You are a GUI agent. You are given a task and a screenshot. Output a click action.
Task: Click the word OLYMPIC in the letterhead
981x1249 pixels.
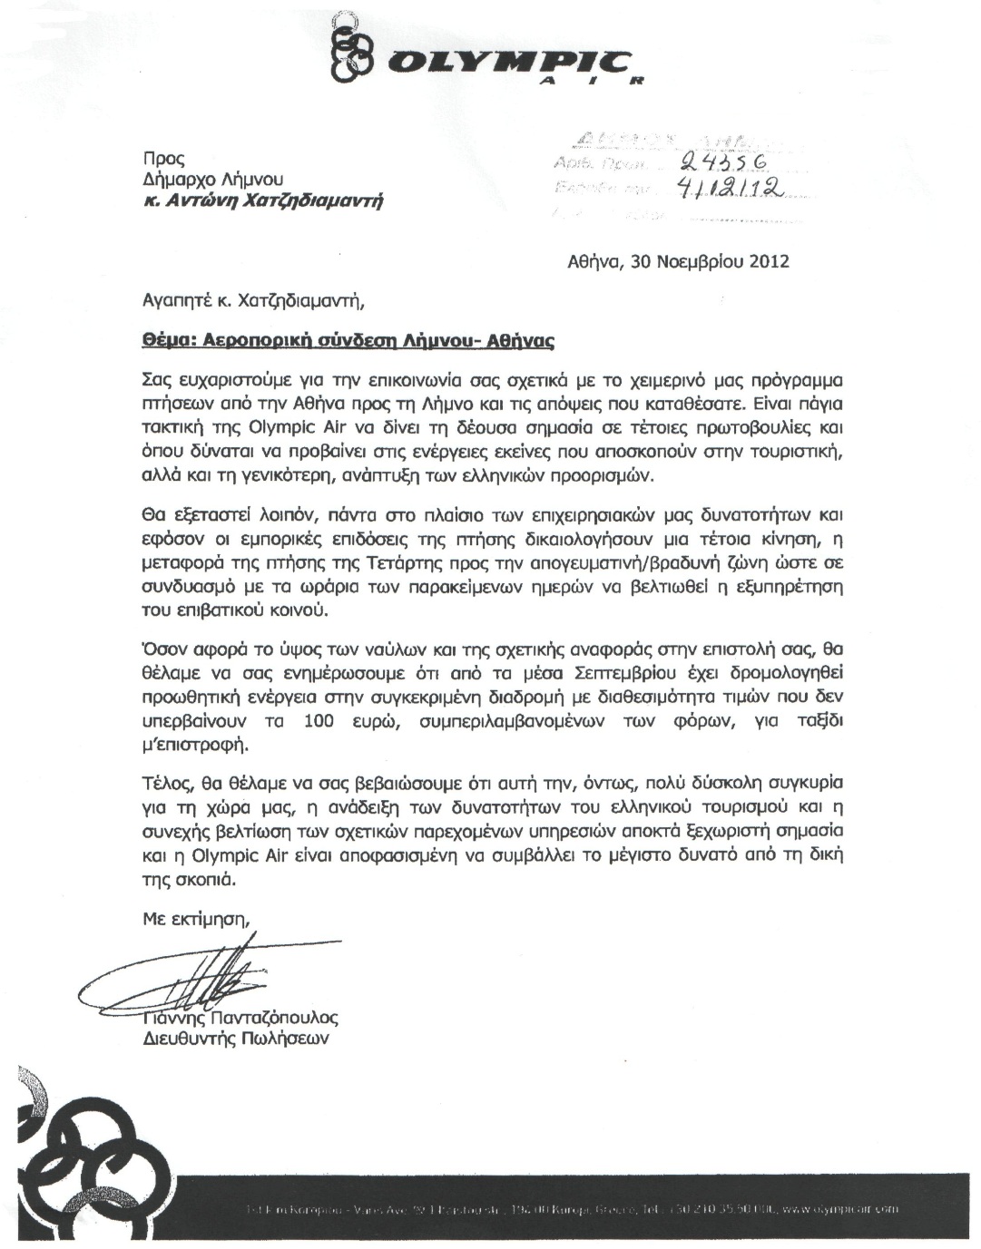(x=503, y=63)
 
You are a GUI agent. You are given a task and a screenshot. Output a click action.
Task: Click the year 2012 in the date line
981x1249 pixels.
(x=769, y=262)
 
